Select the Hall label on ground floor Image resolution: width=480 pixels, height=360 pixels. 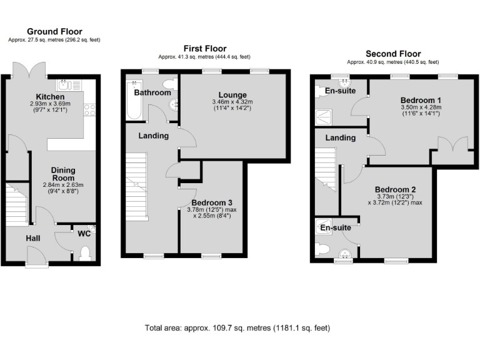tap(33, 237)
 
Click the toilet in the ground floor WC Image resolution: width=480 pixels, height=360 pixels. tap(86, 252)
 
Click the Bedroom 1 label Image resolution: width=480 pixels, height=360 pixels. tap(403, 100)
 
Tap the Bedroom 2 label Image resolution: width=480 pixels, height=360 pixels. tap(395, 189)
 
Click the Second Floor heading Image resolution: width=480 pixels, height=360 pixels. tap(393, 54)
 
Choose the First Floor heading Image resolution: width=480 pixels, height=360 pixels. tap(204, 48)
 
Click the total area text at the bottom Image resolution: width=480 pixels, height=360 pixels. tap(237, 327)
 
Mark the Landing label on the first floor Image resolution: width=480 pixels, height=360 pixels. tap(153, 135)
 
